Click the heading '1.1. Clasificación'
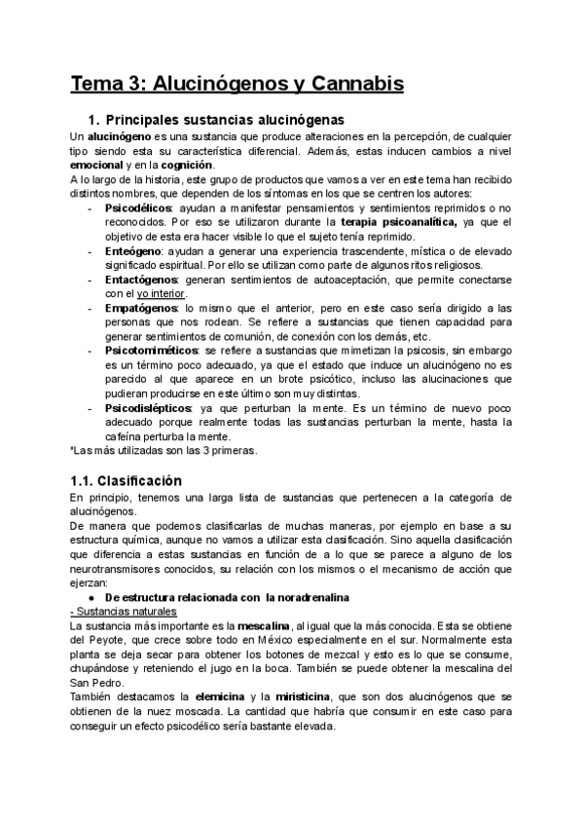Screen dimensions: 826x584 (x=127, y=480)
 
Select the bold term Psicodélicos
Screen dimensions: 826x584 (x=137, y=209)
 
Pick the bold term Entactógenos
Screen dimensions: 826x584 (x=141, y=280)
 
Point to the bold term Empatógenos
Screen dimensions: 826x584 (x=141, y=307)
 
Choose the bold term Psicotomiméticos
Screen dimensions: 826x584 (x=152, y=349)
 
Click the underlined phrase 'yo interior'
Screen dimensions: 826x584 (x=160, y=293)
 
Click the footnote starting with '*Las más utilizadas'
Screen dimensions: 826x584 (x=164, y=450)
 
